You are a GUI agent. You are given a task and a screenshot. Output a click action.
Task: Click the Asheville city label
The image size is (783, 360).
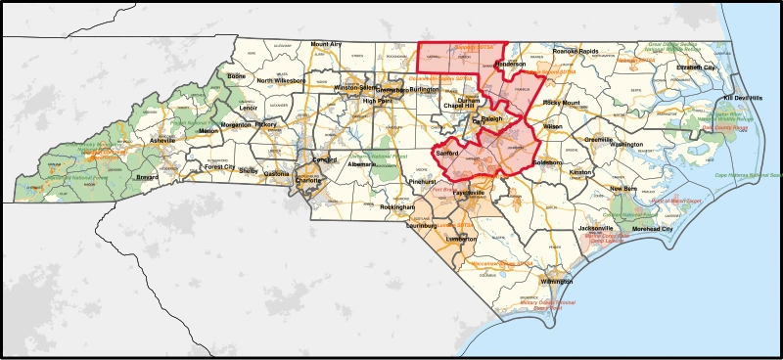[x=161, y=141]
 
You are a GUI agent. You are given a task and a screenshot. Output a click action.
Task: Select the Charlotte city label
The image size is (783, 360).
[x=308, y=181]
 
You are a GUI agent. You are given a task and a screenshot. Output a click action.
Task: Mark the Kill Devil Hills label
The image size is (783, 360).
[x=742, y=99]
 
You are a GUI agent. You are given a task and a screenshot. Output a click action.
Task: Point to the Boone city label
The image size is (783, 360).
[x=236, y=76]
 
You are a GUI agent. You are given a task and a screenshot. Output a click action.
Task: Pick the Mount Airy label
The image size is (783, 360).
[x=326, y=44]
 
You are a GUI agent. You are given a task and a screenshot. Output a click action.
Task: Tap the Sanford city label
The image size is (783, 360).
[x=446, y=153]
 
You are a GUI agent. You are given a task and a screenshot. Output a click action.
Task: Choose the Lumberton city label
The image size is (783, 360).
[x=460, y=238]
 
